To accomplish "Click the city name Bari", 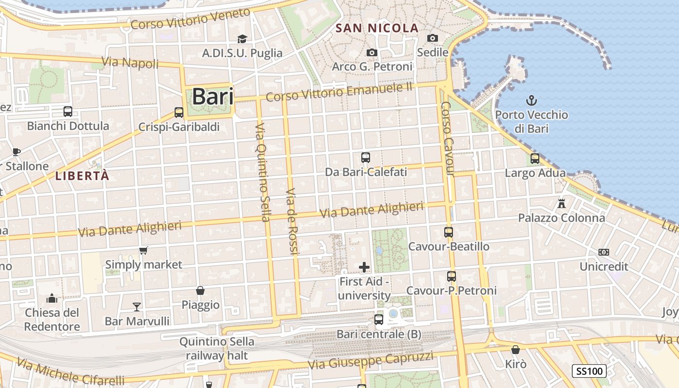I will [213, 97].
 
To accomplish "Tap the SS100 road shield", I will [589, 372].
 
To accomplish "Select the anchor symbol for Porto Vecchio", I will [532, 101].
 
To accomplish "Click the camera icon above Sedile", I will [432, 38].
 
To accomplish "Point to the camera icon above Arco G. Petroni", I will [372, 52].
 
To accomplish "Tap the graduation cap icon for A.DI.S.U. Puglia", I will [242, 39].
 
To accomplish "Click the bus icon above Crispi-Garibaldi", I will [179, 113].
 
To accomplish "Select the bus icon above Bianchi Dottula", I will [68, 112].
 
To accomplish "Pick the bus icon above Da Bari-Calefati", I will [366, 158].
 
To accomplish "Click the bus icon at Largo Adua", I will [535, 159].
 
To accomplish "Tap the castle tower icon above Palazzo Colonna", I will [562, 203].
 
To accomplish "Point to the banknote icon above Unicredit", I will [604, 252].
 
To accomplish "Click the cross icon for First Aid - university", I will [364, 267].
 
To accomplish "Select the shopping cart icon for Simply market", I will [143, 250].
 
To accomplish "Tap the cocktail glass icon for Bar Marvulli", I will [137, 307].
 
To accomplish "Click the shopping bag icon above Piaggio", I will [200, 291].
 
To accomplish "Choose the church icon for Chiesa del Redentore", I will [52, 298].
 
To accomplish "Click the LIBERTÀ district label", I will [82, 176].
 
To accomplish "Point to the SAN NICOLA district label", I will [377, 28].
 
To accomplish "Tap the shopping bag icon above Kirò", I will [516, 350].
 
